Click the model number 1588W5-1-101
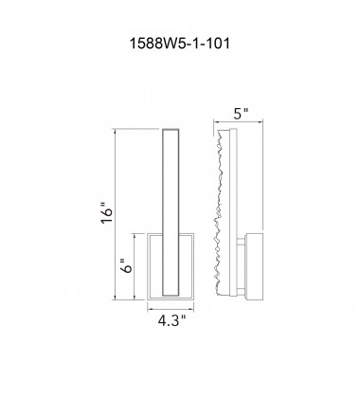tap(180, 44)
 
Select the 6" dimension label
tap(127, 266)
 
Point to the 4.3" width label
tap(171, 321)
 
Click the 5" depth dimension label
tap(241, 114)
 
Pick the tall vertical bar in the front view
tap(171, 212)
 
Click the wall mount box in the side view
tap(255, 265)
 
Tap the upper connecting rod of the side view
tap(241, 242)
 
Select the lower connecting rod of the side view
tap(241, 290)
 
